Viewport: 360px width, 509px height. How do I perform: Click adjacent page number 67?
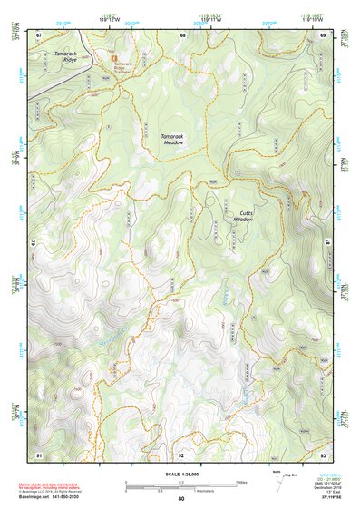coord(39,34)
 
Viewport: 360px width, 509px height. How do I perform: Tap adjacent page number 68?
coord(182,34)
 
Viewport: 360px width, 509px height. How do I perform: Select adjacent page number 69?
coord(322,34)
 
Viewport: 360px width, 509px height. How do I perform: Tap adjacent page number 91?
coord(39,454)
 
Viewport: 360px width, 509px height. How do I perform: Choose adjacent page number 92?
coord(181,454)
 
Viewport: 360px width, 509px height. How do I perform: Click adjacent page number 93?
coord(322,454)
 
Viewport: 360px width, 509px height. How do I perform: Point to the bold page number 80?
coord(181,499)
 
